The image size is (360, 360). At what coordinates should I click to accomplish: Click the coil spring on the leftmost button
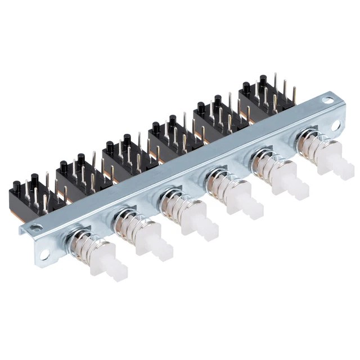(x=85, y=245)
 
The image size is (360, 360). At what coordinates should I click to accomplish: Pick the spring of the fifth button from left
(x=265, y=166)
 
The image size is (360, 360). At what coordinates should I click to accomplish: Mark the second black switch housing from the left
(x=79, y=174)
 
